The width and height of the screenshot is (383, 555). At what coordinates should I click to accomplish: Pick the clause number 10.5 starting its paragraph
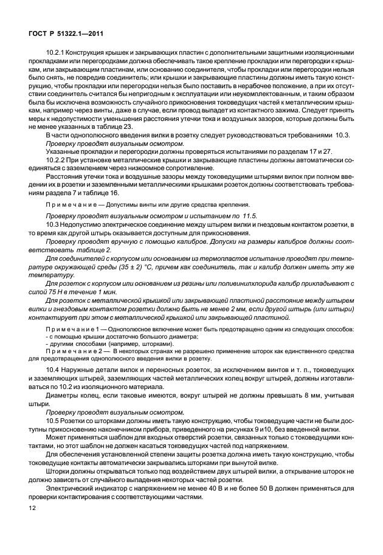coord(52,420)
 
